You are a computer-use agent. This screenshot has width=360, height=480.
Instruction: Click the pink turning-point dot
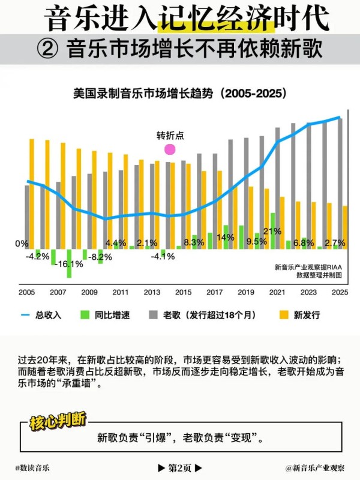170,149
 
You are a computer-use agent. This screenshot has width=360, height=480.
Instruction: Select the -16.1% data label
71,264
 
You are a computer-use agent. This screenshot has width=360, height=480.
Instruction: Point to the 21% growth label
272,231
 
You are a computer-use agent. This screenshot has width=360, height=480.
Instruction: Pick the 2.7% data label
334,242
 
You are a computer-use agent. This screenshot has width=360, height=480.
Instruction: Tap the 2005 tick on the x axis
27,292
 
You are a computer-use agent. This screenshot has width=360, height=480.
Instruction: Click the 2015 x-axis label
183,292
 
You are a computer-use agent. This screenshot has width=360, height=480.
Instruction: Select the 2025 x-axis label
339,292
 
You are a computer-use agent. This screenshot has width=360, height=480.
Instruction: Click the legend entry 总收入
41,314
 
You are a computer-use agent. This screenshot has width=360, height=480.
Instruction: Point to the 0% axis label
22,244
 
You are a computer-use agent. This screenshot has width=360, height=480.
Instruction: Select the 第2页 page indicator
179,467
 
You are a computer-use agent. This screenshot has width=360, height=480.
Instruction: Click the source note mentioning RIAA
308,271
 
